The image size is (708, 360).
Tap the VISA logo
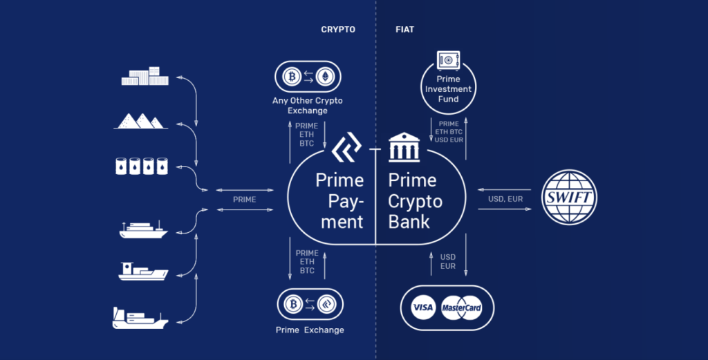422,307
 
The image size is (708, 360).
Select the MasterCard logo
462,307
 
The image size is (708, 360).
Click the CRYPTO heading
338,30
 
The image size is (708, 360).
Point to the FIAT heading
404,30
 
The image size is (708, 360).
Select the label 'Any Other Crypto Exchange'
308,106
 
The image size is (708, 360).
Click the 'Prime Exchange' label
310,330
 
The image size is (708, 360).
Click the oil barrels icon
141,166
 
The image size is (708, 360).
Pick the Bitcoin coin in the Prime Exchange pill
291,304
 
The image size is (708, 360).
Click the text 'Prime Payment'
339,200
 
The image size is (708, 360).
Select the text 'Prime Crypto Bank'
414,200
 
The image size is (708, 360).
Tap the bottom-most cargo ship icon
140,318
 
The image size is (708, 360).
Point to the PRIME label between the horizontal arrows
244,200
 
